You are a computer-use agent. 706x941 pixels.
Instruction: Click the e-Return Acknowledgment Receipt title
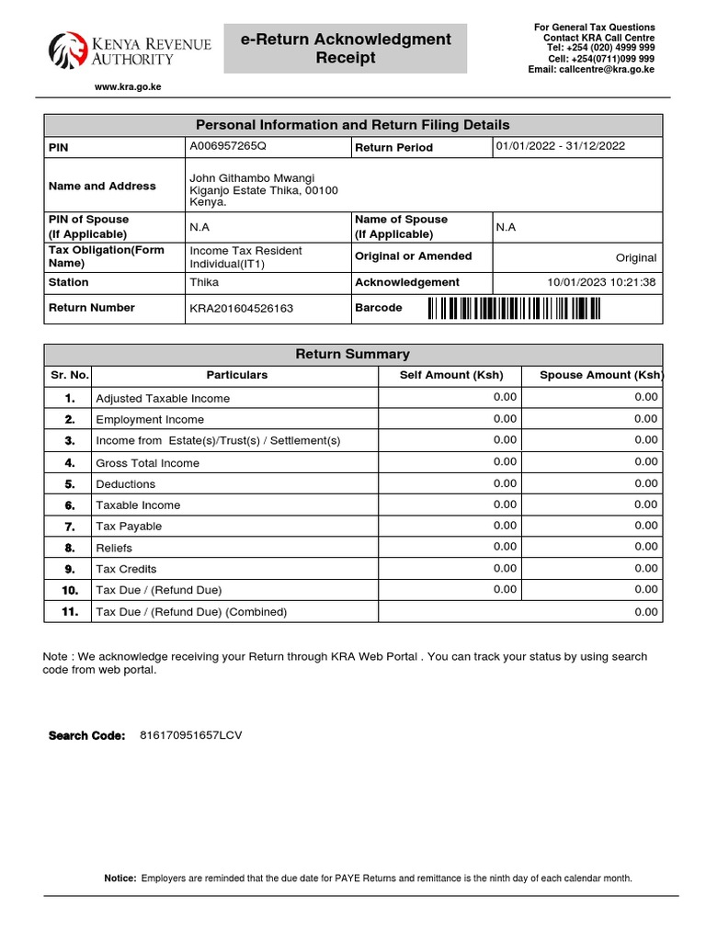[346, 49]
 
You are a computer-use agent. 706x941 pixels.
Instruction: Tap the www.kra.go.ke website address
[128, 87]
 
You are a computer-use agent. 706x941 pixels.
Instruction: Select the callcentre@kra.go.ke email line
[591, 70]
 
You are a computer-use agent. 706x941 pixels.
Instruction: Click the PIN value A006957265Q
[227, 146]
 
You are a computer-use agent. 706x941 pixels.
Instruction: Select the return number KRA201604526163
[241, 309]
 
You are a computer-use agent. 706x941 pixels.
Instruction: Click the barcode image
[514, 309]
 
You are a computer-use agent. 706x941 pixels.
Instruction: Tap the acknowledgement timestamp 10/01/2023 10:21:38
[601, 282]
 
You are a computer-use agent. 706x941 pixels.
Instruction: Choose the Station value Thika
[204, 283]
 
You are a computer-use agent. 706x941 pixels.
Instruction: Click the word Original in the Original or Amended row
[636, 258]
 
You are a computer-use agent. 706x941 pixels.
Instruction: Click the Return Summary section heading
[352, 354]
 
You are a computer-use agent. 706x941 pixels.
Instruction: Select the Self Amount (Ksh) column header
[451, 375]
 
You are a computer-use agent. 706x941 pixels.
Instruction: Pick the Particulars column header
[237, 375]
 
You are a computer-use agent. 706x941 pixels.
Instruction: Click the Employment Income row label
[150, 420]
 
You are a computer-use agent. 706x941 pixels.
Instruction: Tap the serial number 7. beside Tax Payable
[69, 527]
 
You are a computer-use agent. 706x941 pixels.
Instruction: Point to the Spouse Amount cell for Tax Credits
[645, 568]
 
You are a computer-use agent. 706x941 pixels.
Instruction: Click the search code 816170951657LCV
[190, 735]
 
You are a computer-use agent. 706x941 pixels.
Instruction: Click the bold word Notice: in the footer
[120, 879]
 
